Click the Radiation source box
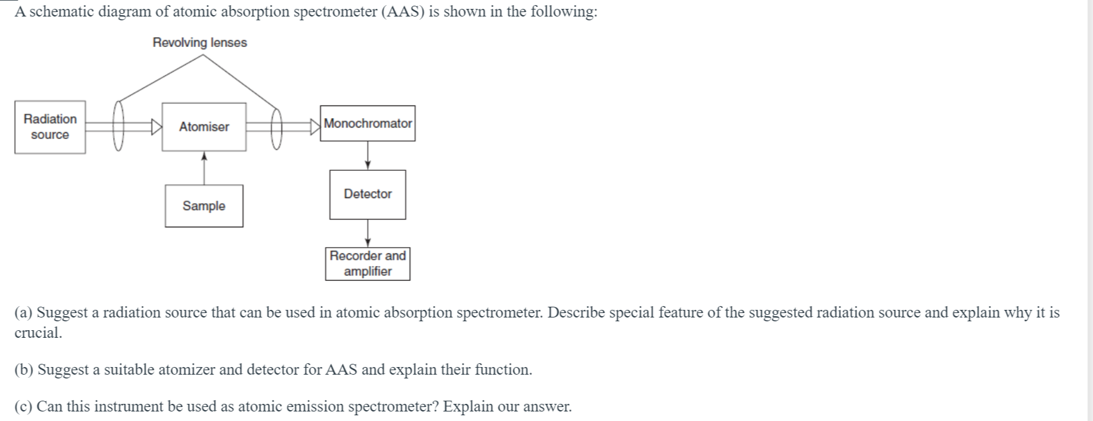click(50, 127)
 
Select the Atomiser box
click(204, 127)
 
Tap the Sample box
click(204, 206)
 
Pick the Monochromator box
click(368, 123)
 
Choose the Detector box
click(368, 194)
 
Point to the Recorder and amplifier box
click(368, 264)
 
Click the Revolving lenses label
click(199, 43)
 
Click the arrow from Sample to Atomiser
click(204, 168)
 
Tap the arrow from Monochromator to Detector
click(368, 156)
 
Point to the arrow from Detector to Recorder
click(368, 233)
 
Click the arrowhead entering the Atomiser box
click(156, 127)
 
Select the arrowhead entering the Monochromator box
click(315, 127)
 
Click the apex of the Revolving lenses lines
click(202, 55)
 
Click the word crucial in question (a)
click(38, 333)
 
